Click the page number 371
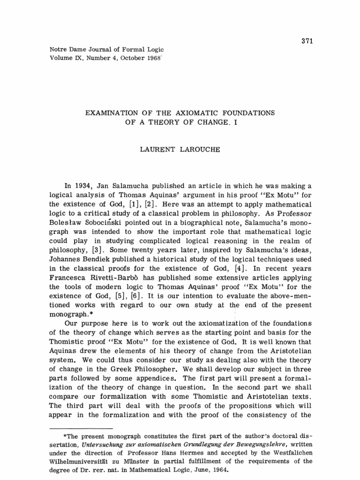(306, 41)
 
